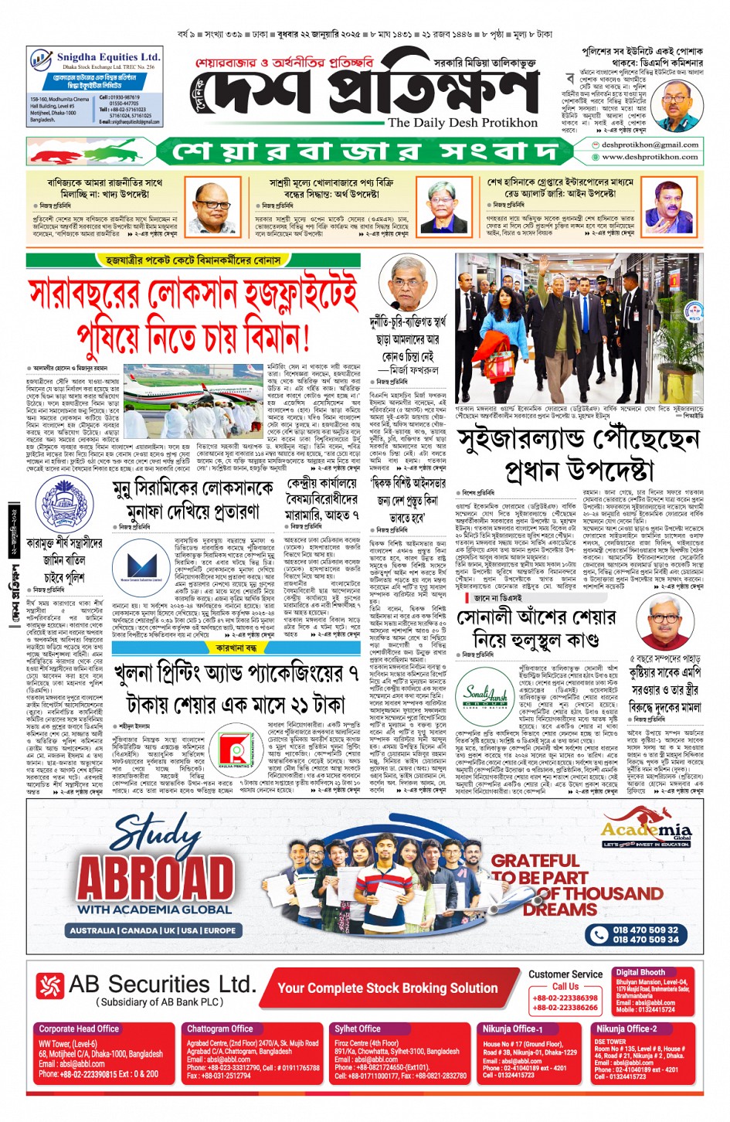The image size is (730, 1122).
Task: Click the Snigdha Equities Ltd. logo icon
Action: [40, 59]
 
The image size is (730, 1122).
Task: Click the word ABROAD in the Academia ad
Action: [155, 878]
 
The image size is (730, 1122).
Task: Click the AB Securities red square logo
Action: [50, 985]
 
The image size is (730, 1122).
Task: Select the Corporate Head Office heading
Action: [79, 1028]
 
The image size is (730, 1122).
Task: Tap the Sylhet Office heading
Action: [357, 1028]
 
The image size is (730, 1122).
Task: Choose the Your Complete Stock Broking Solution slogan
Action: [388, 988]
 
